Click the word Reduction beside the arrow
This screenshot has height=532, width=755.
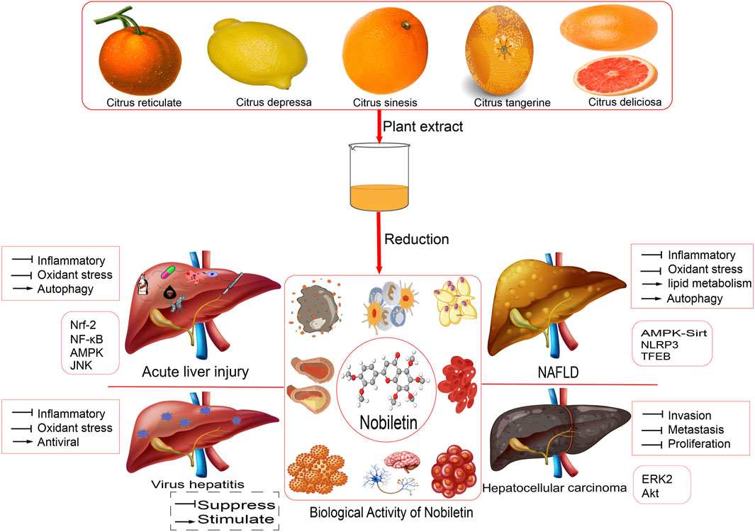coord(416,239)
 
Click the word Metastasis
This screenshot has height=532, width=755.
coord(698,430)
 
